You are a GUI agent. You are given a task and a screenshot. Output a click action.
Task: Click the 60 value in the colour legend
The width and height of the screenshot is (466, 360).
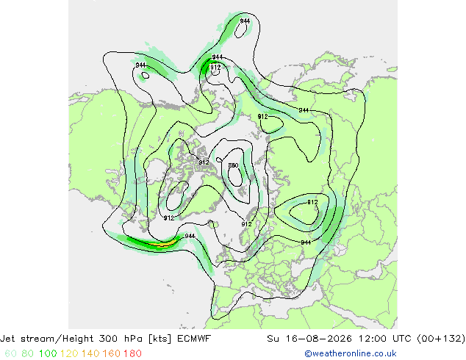(x=11, y=353)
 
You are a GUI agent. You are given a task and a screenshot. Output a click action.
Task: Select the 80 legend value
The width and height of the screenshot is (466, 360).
(x=28, y=353)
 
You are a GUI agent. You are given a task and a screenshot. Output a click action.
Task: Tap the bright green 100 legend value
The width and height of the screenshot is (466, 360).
(x=48, y=353)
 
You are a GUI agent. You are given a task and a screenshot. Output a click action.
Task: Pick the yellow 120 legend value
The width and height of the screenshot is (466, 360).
(x=69, y=353)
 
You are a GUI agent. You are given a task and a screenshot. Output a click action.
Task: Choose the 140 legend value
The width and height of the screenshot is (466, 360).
(x=90, y=353)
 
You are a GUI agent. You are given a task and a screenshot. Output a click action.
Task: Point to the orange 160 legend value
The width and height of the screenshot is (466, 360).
(x=111, y=353)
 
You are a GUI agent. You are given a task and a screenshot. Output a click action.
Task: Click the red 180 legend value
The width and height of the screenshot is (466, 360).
(x=132, y=353)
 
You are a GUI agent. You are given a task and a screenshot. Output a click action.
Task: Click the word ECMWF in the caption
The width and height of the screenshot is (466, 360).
(x=194, y=339)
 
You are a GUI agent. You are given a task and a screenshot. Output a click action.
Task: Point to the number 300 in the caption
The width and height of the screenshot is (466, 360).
(x=109, y=339)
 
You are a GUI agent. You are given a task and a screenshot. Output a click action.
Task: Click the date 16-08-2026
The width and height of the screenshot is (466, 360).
(x=319, y=339)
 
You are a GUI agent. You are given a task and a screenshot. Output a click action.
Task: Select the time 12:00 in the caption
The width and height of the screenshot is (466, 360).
(x=372, y=339)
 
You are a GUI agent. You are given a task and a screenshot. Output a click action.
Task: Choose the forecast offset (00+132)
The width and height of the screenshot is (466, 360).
(x=441, y=339)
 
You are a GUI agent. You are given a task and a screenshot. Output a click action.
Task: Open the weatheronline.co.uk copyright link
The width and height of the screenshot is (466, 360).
(x=351, y=353)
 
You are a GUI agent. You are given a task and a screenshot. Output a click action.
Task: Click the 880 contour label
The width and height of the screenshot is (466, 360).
(x=233, y=165)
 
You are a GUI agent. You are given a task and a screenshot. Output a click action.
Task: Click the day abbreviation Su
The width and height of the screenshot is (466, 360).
(x=273, y=339)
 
